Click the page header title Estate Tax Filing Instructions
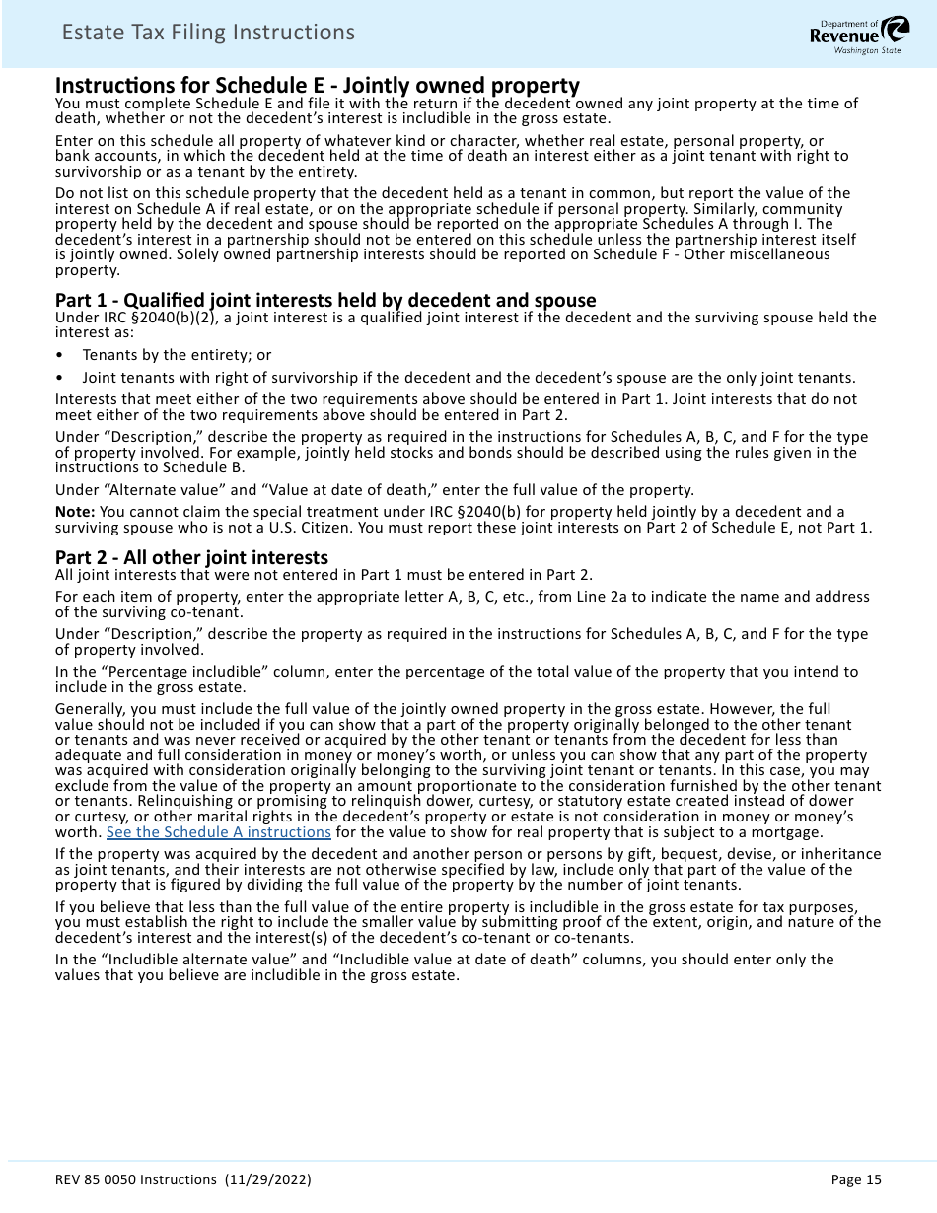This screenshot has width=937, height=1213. (208, 33)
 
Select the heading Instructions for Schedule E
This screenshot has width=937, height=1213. (317, 86)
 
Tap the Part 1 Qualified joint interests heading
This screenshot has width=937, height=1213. (325, 300)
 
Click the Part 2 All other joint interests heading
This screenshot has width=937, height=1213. (191, 557)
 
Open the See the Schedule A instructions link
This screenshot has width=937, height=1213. (218, 831)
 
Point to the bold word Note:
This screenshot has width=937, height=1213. (75, 512)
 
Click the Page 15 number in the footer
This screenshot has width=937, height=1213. (856, 1179)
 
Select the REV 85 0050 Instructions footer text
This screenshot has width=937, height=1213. (136, 1179)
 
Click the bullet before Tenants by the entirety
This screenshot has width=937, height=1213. (60, 355)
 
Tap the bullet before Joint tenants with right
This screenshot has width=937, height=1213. (60, 378)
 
